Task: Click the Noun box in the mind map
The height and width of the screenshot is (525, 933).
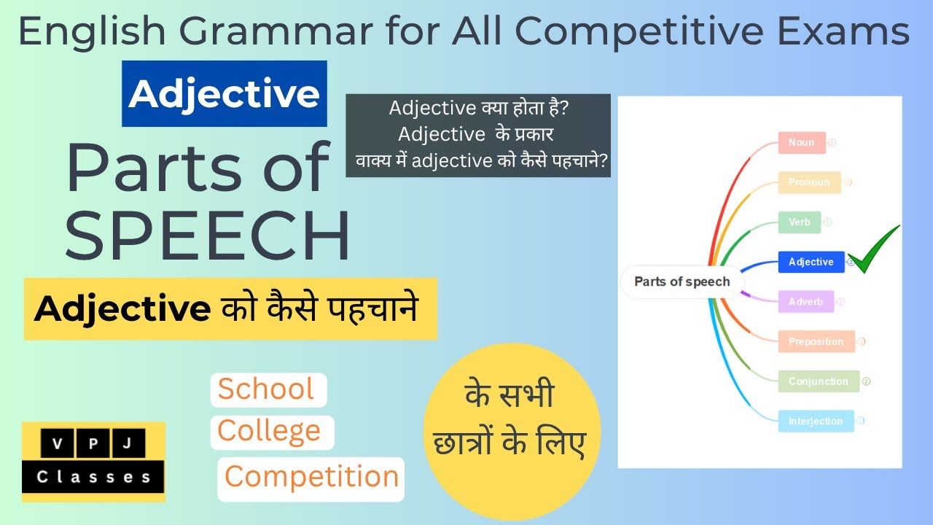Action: tap(801, 142)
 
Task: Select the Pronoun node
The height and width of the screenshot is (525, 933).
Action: tap(809, 182)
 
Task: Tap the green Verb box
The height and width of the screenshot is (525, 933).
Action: tap(799, 222)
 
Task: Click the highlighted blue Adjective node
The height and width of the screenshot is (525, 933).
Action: tap(811, 262)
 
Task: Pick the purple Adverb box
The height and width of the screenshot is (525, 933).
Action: tap(805, 302)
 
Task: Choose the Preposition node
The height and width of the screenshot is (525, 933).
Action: tap(815, 341)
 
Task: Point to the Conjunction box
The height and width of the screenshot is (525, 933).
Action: tap(818, 381)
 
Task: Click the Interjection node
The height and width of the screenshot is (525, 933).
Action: tap(815, 421)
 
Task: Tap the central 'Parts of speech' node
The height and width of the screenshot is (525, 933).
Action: tap(682, 281)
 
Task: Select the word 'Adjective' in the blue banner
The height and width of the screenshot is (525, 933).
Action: tap(225, 94)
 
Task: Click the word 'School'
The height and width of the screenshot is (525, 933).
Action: tap(266, 389)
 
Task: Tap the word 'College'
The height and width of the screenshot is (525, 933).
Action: tap(269, 431)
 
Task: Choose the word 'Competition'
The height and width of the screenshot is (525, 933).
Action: tap(311, 477)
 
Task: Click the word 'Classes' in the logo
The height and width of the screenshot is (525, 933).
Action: tap(93, 478)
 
